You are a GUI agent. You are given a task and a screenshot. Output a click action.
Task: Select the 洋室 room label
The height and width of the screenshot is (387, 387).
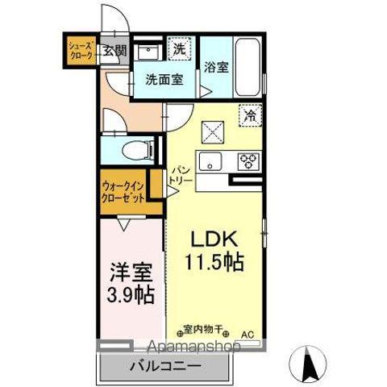pos(132,271)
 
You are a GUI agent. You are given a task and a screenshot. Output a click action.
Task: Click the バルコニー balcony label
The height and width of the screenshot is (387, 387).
pos(165,368)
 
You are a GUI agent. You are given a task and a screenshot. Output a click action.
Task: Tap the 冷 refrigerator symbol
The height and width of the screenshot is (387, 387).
pos(250,115)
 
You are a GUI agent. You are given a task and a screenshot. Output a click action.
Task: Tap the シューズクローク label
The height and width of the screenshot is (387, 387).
pos(80,50)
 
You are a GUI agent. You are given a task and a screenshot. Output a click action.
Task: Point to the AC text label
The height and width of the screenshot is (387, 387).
pos(248,331)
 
